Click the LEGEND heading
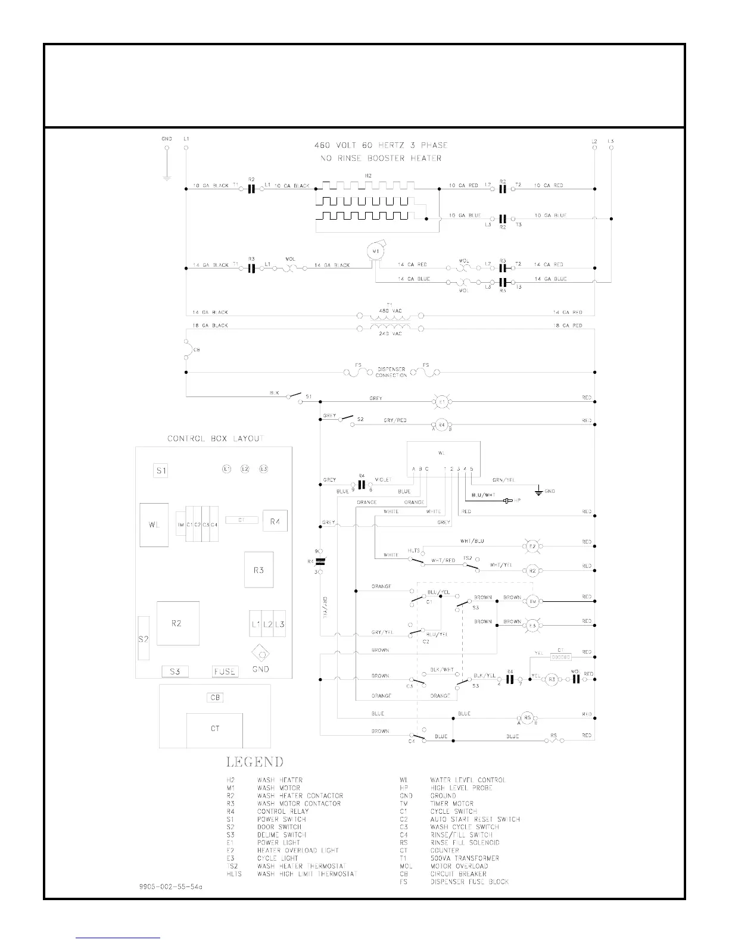[254, 762]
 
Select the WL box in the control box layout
[154, 524]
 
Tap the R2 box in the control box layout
[177, 623]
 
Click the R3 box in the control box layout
[258, 570]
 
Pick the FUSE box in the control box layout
[225, 672]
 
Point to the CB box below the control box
[215, 698]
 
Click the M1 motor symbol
[375, 252]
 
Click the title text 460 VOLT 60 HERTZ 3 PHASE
[381, 145]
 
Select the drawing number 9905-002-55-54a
[167, 886]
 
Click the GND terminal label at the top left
[167, 139]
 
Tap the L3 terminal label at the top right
[611, 141]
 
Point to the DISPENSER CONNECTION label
[391, 372]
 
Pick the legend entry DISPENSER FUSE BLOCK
[469, 882]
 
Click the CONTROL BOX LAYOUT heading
[215, 439]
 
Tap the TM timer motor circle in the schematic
[532, 602]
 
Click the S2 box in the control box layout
[144, 639]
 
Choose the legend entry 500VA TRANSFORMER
[465, 858]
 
